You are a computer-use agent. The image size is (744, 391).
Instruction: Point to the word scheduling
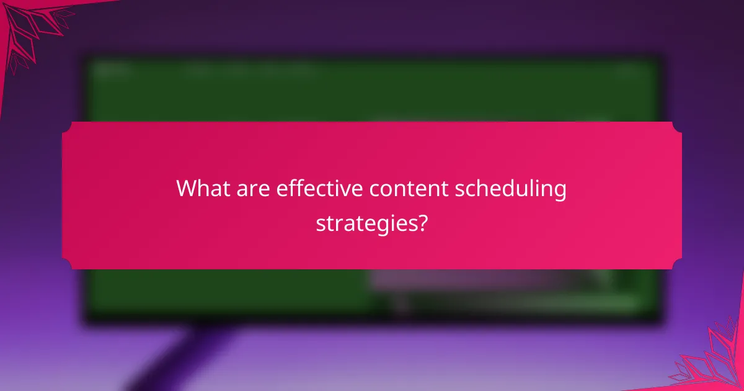point(511,189)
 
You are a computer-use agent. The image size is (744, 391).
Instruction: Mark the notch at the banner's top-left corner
point(66,126)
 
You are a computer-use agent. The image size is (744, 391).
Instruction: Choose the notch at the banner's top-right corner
point(677,126)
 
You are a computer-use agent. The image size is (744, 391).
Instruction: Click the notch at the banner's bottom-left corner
point(66,265)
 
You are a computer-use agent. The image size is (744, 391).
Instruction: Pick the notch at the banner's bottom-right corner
point(677,265)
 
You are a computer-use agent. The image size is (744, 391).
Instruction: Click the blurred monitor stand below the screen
point(180,354)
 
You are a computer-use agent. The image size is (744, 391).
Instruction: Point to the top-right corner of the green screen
point(656,62)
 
